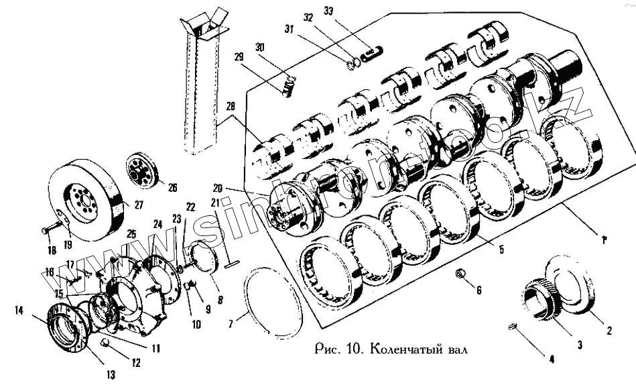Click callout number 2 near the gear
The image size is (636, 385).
609,330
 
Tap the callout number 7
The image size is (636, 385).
230,324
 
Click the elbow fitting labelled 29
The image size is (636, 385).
287,88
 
